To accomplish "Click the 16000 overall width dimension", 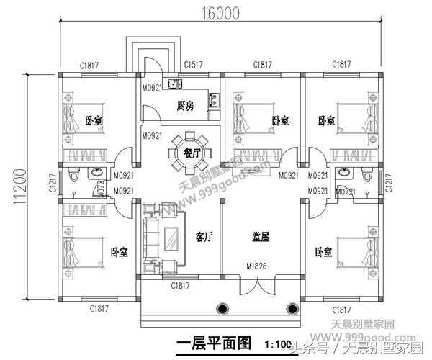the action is pos(216,14).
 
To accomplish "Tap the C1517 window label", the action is pos(192,65).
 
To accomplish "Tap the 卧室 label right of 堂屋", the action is pos(325,251).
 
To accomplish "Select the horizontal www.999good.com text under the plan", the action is pos(375,336).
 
